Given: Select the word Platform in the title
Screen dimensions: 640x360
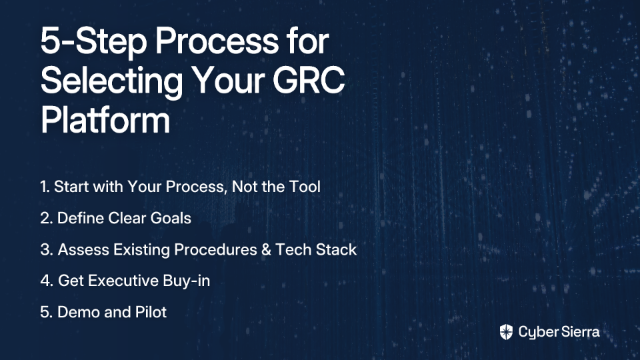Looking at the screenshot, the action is click(105, 119).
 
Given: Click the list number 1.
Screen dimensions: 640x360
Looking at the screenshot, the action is click(45, 187).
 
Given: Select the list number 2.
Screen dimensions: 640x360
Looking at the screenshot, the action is click(47, 218).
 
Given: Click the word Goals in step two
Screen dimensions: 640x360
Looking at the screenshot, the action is click(171, 218).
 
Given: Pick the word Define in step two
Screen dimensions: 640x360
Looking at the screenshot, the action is click(81, 218).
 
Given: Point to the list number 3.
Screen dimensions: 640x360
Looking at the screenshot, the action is click(47, 249).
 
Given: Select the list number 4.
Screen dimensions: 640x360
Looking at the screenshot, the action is click(47, 281).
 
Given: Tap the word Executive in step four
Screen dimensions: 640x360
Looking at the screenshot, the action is click(123, 281).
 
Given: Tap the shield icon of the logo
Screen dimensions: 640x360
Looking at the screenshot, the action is click(506, 332).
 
